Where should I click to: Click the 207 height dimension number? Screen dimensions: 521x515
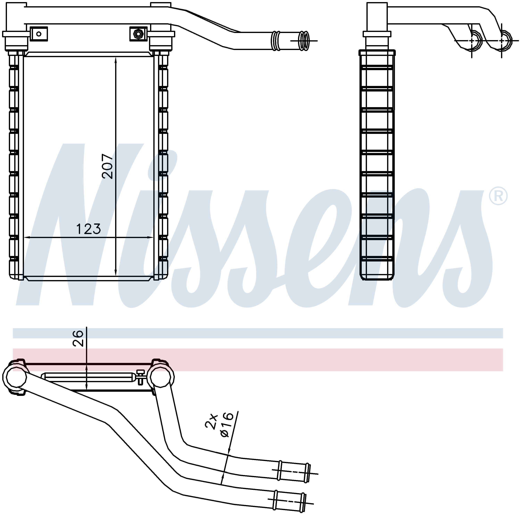108,166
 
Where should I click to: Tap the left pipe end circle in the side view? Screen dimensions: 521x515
472,41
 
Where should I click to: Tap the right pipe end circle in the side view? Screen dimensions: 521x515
502,41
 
